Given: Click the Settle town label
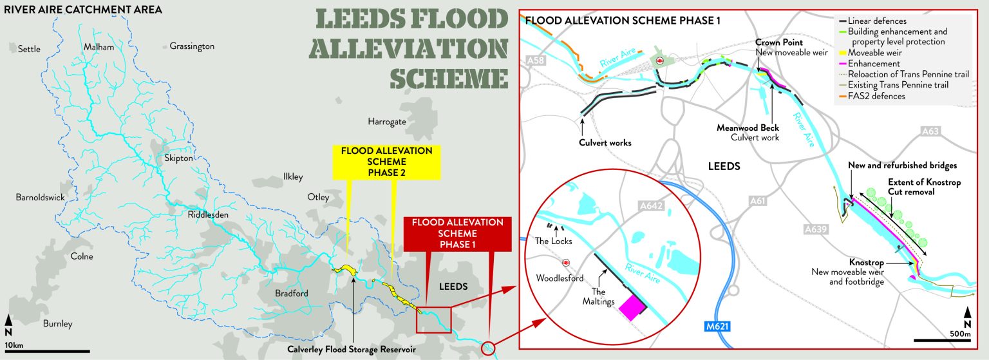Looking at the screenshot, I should click(29, 49).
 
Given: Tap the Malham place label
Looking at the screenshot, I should click(98, 47).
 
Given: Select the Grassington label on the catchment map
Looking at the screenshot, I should click(192, 46).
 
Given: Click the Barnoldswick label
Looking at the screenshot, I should click(40, 198).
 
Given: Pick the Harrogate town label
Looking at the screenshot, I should click(387, 122).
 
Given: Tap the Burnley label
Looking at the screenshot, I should click(58, 324).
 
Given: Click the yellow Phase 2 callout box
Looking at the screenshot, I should click(386, 161).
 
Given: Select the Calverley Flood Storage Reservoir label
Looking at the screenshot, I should click(352, 350).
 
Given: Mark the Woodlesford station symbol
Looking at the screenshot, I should click(566, 263).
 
